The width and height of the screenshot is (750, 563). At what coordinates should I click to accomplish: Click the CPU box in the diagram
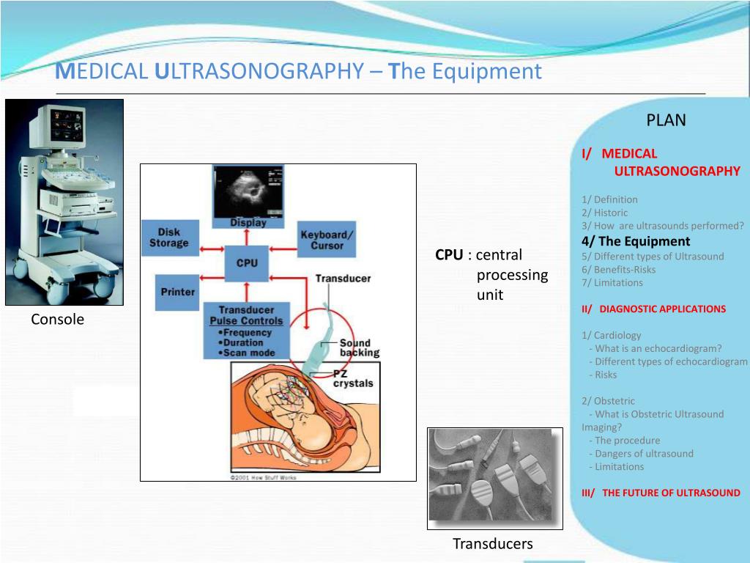(247, 262)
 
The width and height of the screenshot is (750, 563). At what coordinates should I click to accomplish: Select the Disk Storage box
(168, 238)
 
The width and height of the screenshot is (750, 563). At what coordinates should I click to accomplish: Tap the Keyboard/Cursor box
(327, 240)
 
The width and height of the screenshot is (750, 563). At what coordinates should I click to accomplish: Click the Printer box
(177, 292)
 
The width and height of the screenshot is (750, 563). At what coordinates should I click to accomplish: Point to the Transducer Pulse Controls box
(245, 331)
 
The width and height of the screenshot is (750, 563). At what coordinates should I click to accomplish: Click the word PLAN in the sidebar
(666, 120)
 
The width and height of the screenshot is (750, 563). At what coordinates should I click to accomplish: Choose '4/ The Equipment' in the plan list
(636, 241)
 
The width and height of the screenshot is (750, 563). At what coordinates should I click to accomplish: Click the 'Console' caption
(57, 320)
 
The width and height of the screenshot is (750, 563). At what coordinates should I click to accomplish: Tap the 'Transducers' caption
(492, 544)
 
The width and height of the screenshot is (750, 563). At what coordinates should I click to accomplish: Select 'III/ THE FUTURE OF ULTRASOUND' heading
(661, 493)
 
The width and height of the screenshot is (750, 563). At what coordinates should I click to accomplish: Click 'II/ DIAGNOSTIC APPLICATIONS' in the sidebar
(653, 309)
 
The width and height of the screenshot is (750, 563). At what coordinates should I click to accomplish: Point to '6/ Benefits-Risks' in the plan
(618, 269)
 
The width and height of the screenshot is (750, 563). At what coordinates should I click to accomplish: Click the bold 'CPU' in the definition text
(448, 255)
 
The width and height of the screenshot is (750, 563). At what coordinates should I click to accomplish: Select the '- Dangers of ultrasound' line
(641, 453)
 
